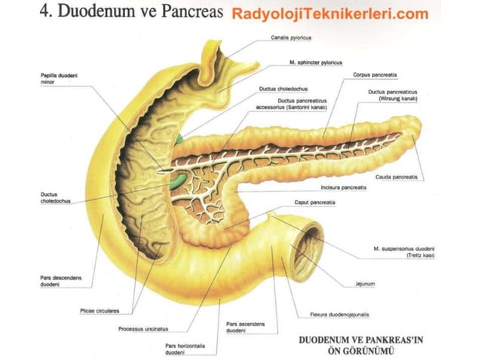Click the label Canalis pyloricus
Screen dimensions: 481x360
(x=291, y=38)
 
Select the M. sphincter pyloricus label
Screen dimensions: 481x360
(x=316, y=63)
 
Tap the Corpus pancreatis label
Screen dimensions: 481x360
(x=375, y=75)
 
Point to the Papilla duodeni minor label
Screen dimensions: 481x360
(x=59, y=78)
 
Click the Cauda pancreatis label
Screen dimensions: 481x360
(x=397, y=177)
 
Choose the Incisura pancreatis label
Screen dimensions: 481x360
(x=344, y=188)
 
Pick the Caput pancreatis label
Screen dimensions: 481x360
(x=314, y=203)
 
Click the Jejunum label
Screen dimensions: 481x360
(x=365, y=284)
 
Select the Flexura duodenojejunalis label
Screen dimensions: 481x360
(x=339, y=315)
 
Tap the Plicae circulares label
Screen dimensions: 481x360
(x=100, y=311)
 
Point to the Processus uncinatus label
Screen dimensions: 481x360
(x=143, y=329)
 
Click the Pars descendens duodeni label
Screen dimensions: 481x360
(x=61, y=281)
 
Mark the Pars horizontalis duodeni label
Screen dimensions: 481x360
(x=185, y=349)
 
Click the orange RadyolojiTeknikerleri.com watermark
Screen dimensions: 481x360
(x=330, y=14)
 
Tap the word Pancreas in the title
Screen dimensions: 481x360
(x=192, y=11)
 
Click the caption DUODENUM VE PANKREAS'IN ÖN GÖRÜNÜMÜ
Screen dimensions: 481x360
(x=360, y=345)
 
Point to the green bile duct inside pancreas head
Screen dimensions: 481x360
(x=176, y=182)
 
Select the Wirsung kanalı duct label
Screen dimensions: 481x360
(x=393, y=96)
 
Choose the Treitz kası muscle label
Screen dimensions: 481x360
(x=403, y=252)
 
